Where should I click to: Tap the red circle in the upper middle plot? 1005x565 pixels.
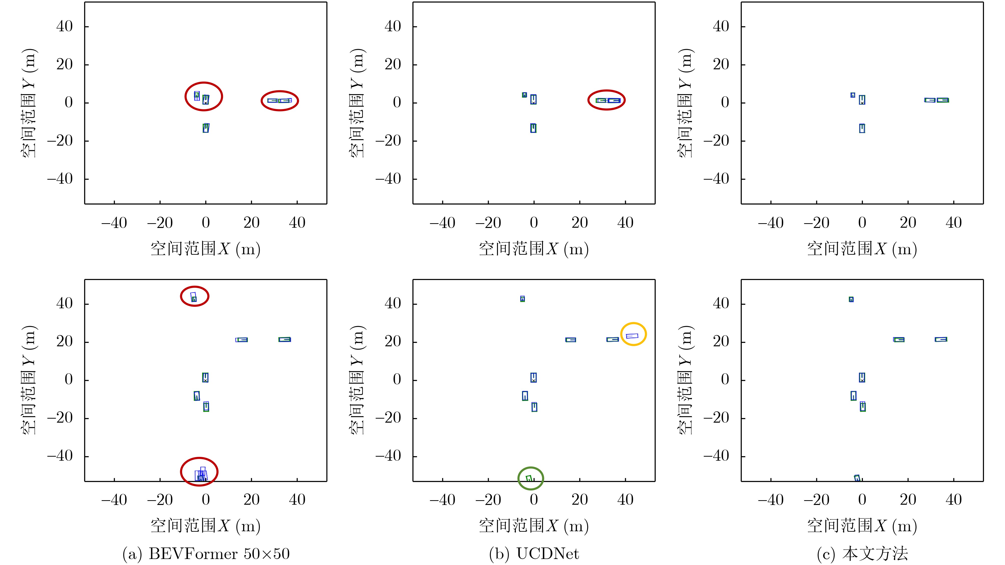[x=606, y=100]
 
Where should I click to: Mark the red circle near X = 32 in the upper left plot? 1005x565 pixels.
[x=279, y=101]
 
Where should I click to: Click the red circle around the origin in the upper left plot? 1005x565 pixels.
[x=204, y=96]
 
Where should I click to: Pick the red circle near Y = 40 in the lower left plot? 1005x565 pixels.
[x=195, y=297]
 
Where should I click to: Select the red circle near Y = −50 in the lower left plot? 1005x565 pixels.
[x=199, y=472]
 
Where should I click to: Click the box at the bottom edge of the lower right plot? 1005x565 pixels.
[x=857, y=478]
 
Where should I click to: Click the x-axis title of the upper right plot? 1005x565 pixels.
[x=862, y=248]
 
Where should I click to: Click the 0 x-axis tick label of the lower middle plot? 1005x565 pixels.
[x=534, y=500]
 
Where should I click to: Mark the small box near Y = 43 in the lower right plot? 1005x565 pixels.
[x=851, y=299]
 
